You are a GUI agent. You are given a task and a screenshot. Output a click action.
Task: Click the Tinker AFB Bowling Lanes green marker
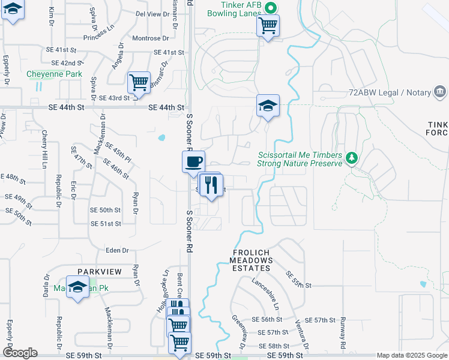coord(270,8)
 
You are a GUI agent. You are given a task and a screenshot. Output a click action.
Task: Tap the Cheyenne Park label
coord(46,74)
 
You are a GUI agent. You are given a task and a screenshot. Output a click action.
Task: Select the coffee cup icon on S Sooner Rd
coord(193,161)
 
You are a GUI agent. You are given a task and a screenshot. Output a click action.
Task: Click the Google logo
coord(20,353)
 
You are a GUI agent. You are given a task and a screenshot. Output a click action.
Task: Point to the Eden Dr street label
coord(117,250)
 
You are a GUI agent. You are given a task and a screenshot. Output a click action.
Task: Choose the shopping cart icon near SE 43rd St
coord(139,82)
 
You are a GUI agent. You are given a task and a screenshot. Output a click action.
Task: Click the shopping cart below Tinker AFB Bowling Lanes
coord(268,25)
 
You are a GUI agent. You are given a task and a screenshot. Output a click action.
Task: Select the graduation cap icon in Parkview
coord(78,288)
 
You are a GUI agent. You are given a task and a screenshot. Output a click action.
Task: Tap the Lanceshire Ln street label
coord(267,290)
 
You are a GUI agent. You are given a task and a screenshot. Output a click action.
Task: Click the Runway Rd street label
coord(343,333)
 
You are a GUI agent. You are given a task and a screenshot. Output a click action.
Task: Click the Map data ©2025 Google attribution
coord(412,355)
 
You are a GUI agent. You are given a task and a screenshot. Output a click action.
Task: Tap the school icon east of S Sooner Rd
coord(268,106)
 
